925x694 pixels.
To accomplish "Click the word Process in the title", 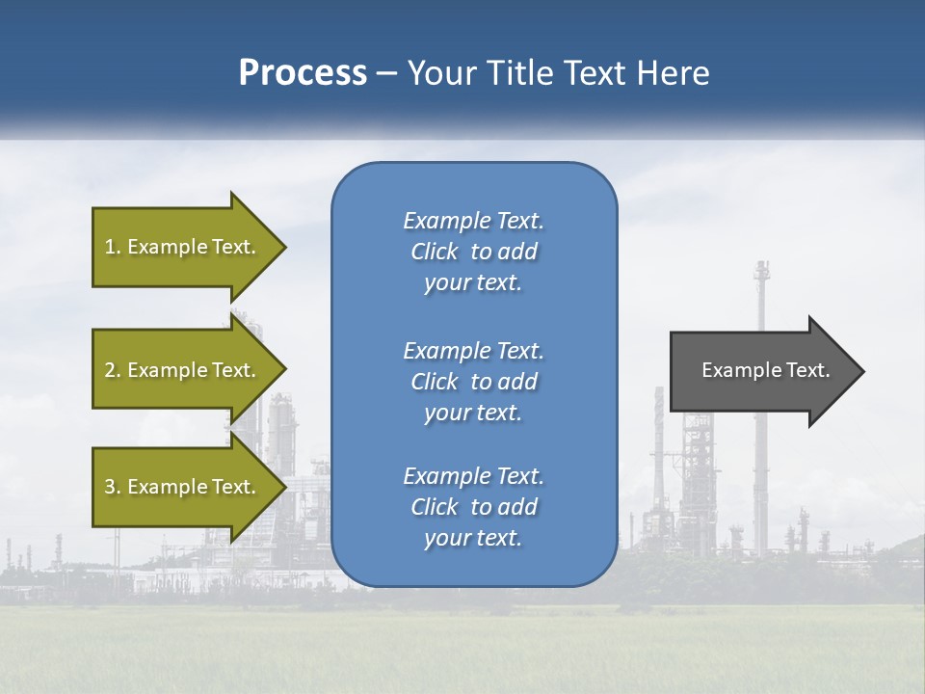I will pos(303,73).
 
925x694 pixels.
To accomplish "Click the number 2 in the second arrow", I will pos(110,370).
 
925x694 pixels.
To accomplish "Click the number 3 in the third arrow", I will pos(110,487).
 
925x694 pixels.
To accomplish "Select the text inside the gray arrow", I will pos(765,370).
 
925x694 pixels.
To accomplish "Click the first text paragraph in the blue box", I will pos(473,252).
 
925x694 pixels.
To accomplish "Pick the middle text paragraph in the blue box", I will pos(473,382).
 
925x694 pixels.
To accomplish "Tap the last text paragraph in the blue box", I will pos(473,507).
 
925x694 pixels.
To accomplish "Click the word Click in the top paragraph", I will pos(435,252).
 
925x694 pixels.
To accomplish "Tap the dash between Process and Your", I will pos(386,73).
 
